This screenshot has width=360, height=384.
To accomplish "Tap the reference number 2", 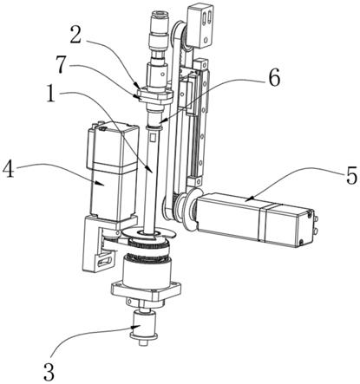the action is click(76, 35).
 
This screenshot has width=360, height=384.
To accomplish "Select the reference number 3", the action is click(49, 372).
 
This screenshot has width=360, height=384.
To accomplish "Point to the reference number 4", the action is click(9, 170).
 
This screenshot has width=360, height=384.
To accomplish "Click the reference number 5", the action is click(351, 175).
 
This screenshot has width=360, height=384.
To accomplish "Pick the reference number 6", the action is click(274, 79).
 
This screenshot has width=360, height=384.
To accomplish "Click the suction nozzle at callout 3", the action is click(144, 327).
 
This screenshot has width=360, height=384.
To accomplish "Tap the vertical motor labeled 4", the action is click(111, 172).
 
